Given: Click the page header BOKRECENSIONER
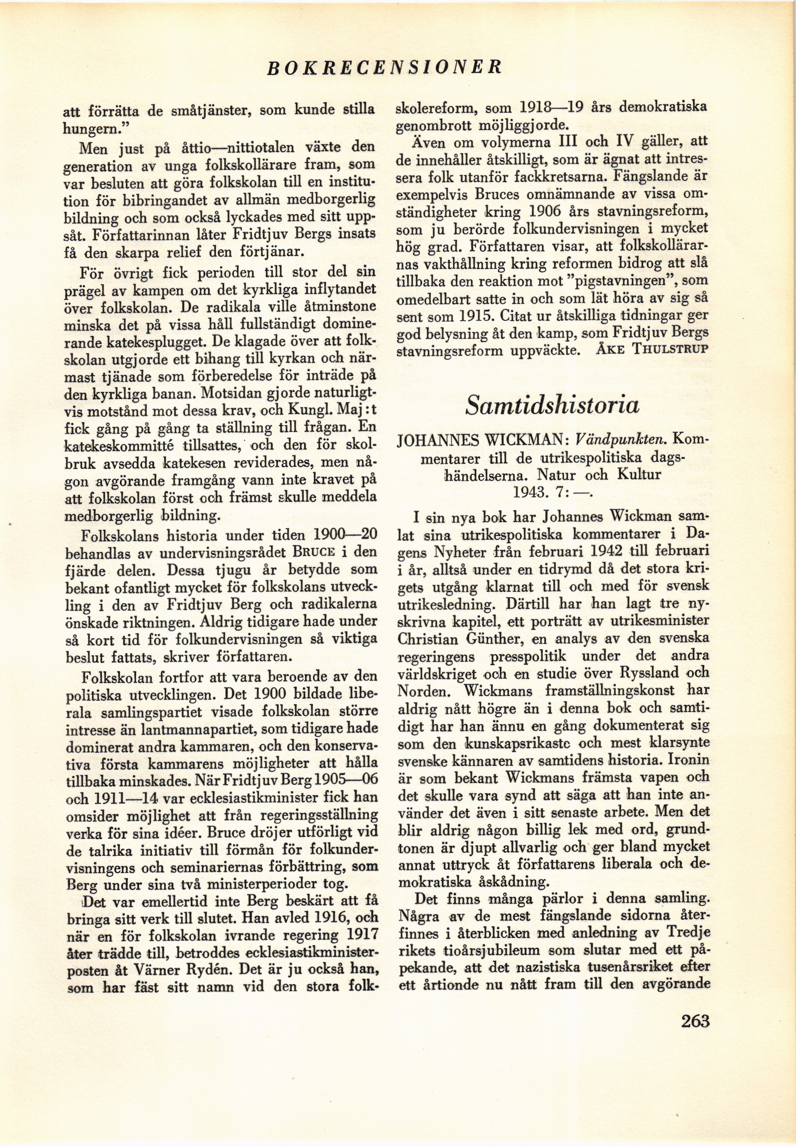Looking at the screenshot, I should tap(385, 66).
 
